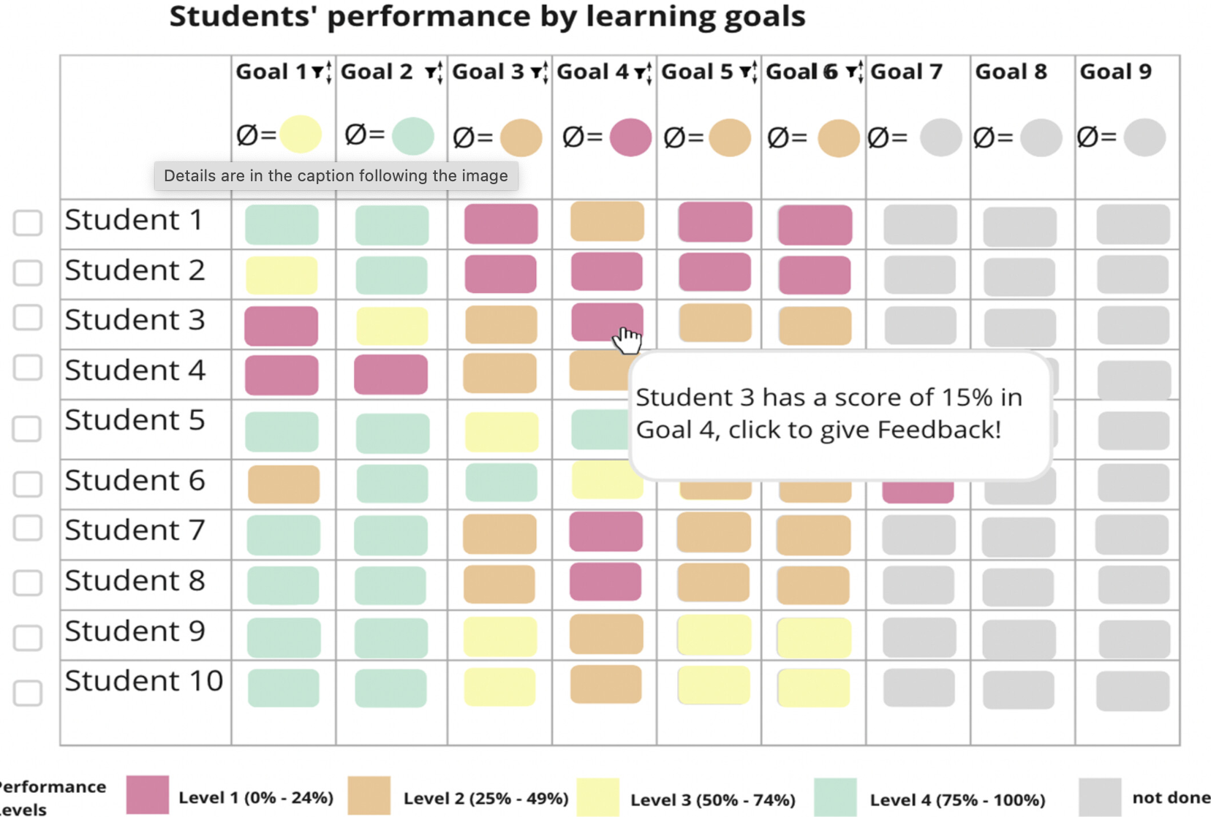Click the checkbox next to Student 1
tap(28, 223)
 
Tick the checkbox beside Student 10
tap(28, 693)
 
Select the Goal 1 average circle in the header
tap(301, 134)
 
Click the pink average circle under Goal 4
tap(630, 137)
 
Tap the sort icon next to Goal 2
tap(434, 72)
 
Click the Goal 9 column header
tap(1115, 72)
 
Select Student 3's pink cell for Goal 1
tap(281, 326)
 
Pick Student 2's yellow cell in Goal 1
tap(281, 275)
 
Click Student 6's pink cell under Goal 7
tap(918, 493)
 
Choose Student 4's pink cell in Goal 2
tap(391, 374)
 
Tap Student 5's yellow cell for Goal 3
tap(502, 432)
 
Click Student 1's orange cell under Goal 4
tap(607, 221)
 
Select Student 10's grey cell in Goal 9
tap(1133, 691)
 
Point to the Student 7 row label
tap(135, 530)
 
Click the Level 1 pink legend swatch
tap(148, 795)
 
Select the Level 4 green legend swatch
tap(835, 797)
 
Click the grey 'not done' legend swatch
tap(1100, 797)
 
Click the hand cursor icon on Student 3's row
tap(627, 341)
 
